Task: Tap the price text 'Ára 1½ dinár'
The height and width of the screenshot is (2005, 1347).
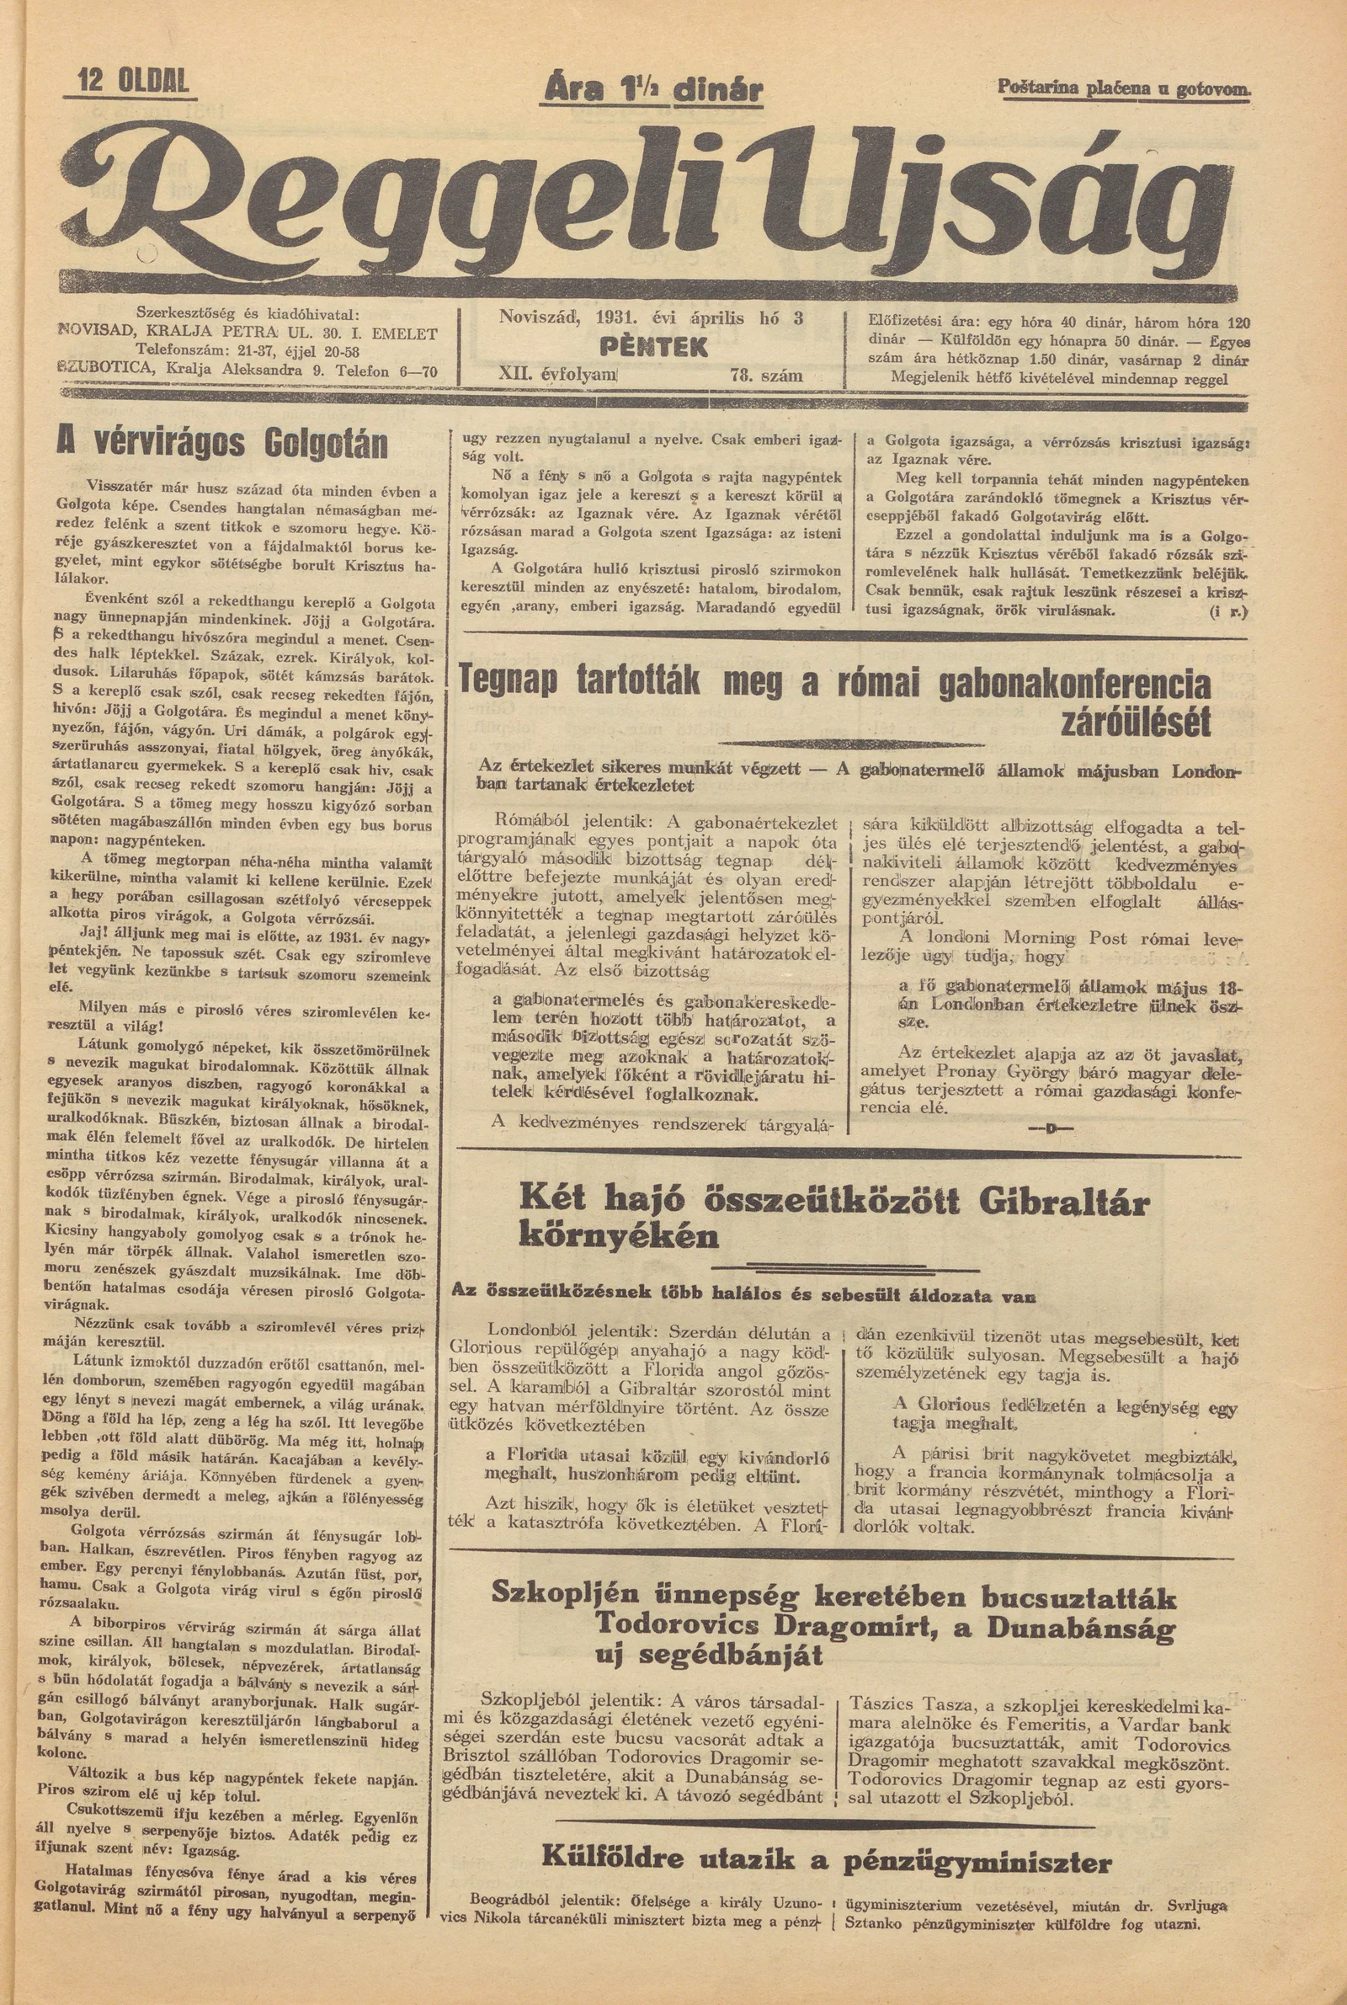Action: click(x=651, y=89)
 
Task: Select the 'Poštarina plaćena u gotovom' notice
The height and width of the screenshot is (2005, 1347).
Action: click(x=1124, y=87)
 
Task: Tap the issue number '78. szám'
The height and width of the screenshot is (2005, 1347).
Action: click(x=766, y=376)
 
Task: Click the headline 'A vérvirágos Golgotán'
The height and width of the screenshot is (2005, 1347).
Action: click(x=221, y=444)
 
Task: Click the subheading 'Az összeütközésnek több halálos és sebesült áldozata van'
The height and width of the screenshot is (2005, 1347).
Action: click(x=744, y=1294)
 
